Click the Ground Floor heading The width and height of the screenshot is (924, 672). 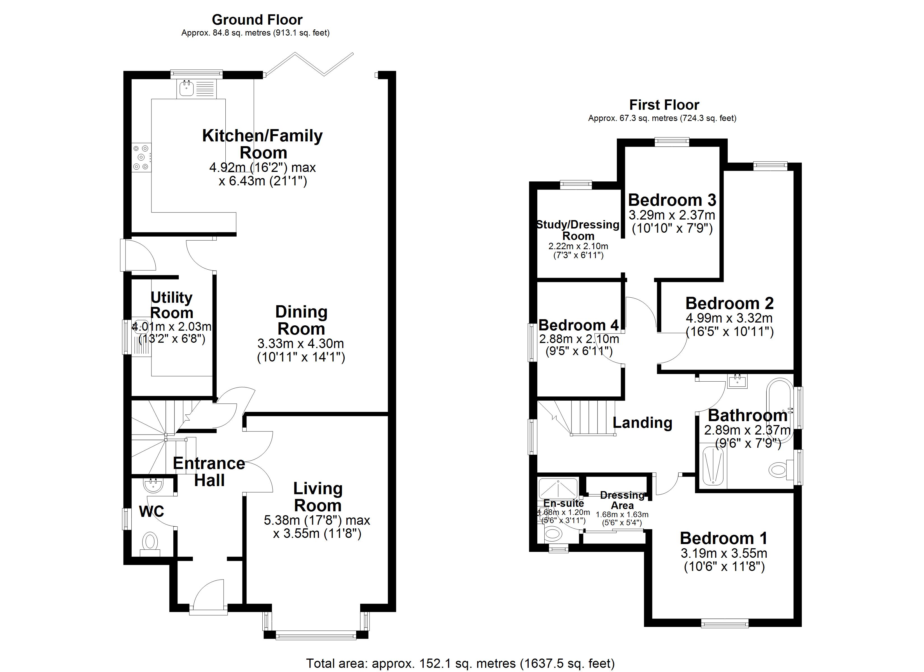[x=257, y=20]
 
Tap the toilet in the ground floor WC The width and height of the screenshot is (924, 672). [x=150, y=542]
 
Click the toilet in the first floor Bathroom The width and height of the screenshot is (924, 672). [x=779, y=470]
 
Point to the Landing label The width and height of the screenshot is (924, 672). [x=642, y=423]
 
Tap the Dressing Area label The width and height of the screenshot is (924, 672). [x=622, y=500]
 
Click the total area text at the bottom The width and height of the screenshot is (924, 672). [x=460, y=663]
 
